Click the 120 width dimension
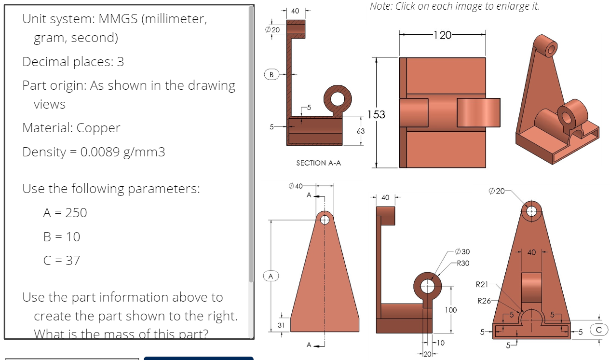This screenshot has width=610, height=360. pyautogui.click(x=442, y=35)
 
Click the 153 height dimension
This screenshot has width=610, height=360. pyautogui.click(x=376, y=114)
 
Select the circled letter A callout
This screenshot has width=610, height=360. pyautogui.click(x=271, y=276)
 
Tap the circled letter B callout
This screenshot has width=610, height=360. pyautogui.click(x=271, y=74)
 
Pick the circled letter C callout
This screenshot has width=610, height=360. pyautogui.click(x=599, y=330)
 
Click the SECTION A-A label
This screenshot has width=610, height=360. pyautogui.click(x=318, y=163)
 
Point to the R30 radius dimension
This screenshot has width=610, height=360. pyautogui.click(x=463, y=263)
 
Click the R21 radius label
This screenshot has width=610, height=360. pyautogui.click(x=482, y=285)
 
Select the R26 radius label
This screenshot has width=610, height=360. pyautogui.click(x=484, y=301)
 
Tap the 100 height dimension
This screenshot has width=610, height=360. pyautogui.click(x=450, y=310)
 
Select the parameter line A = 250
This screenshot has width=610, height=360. pyautogui.click(x=65, y=213)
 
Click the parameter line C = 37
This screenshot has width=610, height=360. pyautogui.click(x=62, y=261)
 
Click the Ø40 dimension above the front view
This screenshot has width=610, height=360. pyautogui.click(x=295, y=186)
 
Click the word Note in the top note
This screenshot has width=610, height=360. pyautogui.click(x=381, y=6)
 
